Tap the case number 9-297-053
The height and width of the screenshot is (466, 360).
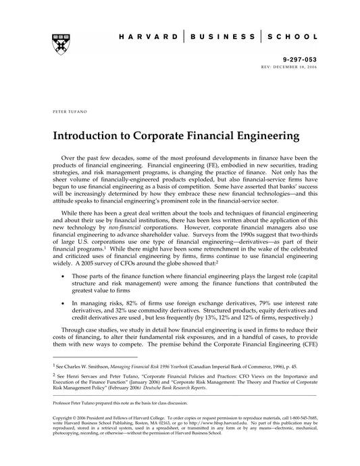(290, 59)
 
